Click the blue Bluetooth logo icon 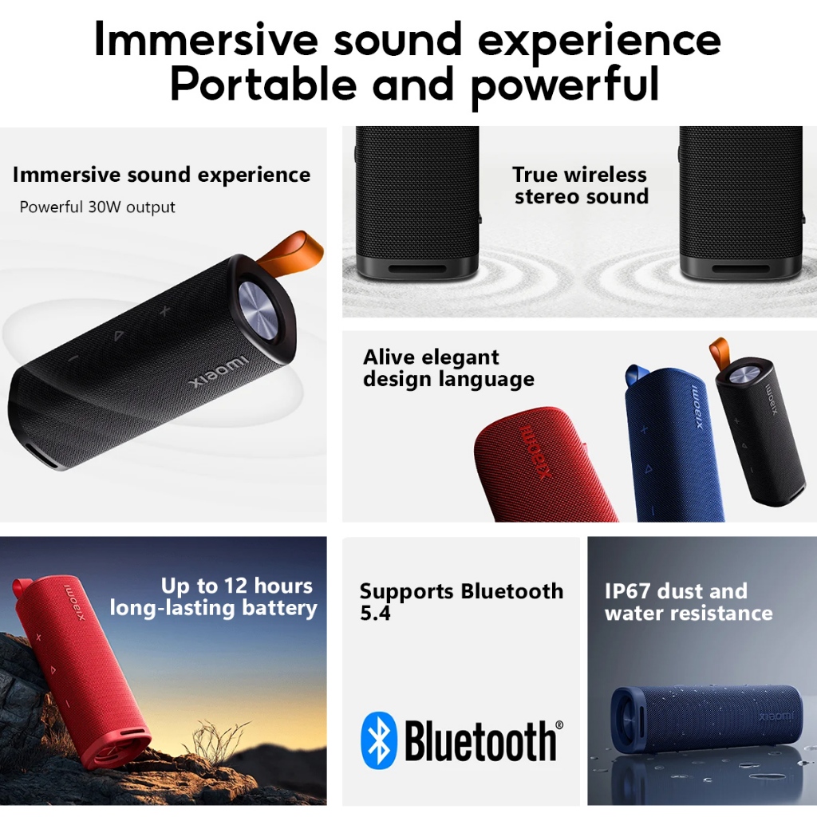click(x=379, y=740)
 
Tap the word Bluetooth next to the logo click(x=480, y=741)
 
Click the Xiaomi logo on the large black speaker click(x=219, y=372)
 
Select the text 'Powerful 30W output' click(x=97, y=207)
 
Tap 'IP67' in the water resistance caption click(x=627, y=591)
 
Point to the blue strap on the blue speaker click(x=637, y=375)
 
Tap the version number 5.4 click(x=375, y=614)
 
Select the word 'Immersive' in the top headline click(x=206, y=40)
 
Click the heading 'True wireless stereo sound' click(x=581, y=185)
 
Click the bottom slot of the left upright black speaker click(x=416, y=270)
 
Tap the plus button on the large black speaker click(x=164, y=311)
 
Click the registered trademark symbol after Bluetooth click(x=559, y=724)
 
